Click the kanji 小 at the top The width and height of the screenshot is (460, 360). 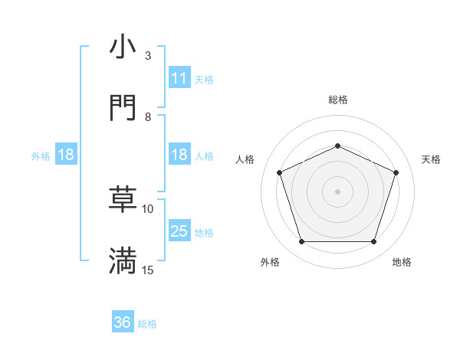(x=123, y=47)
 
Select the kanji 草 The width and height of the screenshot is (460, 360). (x=123, y=201)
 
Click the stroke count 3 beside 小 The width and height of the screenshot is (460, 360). (x=148, y=56)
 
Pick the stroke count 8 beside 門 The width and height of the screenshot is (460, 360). (x=148, y=116)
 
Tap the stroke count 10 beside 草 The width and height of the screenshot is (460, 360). (x=148, y=209)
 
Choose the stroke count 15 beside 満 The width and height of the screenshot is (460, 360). (x=148, y=270)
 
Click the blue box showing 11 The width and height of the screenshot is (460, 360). (x=179, y=78)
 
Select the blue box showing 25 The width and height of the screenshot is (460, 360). (x=179, y=231)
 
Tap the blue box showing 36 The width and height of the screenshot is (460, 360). (x=123, y=322)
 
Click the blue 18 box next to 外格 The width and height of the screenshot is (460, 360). (x=66, y=155)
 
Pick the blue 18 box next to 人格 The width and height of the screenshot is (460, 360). (x=179, y=155)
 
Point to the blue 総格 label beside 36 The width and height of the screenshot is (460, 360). (x=147, y=324)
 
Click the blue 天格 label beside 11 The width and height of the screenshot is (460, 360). (x=203, y=79)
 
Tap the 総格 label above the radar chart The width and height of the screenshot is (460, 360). (x=337, y=100)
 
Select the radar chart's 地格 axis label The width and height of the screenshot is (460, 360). (x=402, y=263)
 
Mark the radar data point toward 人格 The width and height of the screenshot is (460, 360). (x=279, y=172)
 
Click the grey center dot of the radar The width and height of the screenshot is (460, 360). (x=337, y=191)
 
